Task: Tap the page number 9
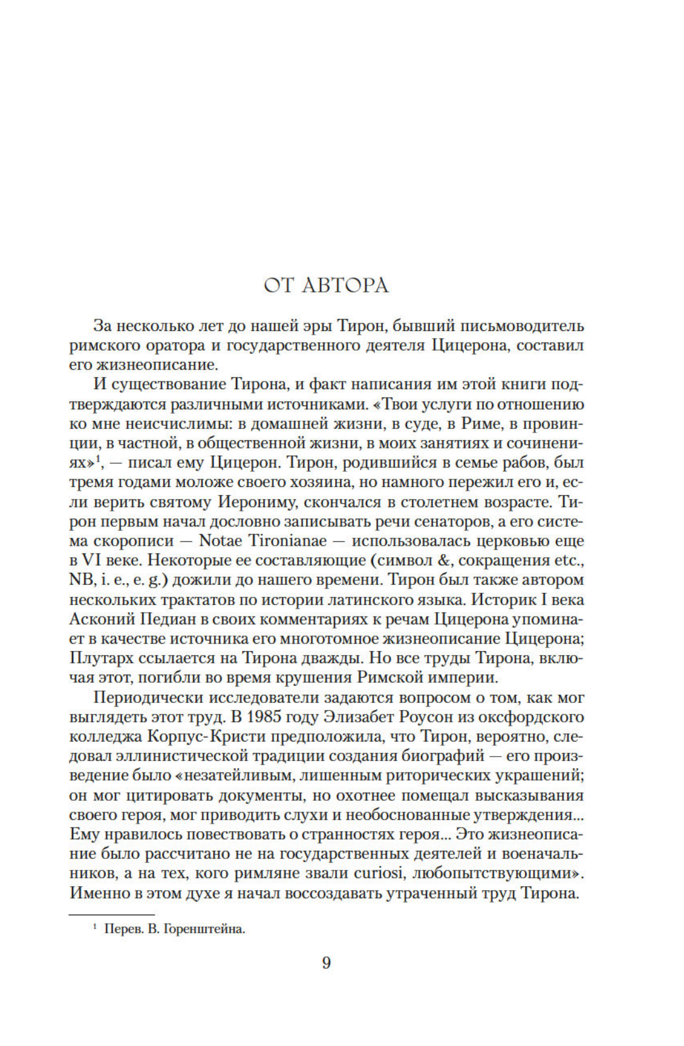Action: pos(326,963)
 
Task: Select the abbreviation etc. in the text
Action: pos(570,560)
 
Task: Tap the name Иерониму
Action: pos(256,502)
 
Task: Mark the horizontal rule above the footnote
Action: pos(111,914)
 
